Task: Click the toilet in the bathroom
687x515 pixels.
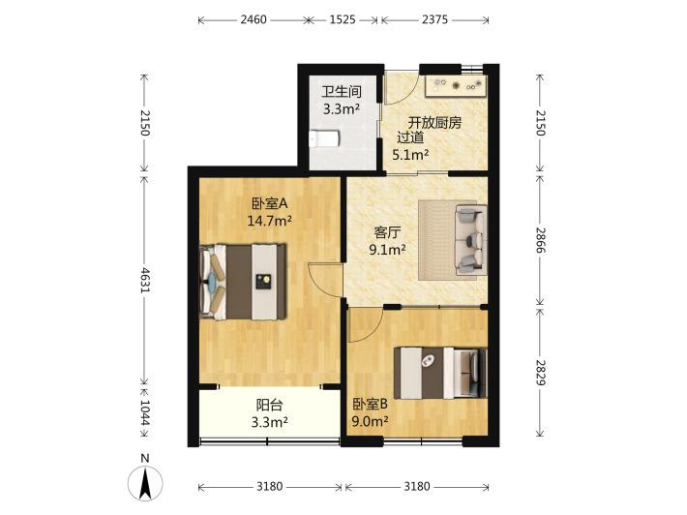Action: tap(325, 138)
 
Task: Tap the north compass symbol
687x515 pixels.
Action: tap(145, 483)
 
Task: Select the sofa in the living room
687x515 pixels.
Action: tap(471, 240)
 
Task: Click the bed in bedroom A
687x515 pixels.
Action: tap(243, 282)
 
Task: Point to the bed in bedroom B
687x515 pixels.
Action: tap(440, 373)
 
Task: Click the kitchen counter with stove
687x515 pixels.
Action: tap(456, 86)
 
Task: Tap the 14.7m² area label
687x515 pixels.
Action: tap(270, 221)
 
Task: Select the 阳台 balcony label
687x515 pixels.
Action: tap(269, 405)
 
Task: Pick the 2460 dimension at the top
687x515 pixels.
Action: tap(254, 19)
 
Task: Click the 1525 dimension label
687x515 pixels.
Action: tap(343, 19)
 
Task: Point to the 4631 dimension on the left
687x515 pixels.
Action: tap(145, 279)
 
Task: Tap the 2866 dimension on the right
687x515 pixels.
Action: tap(540, 240)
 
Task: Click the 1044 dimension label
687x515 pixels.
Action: tap(145, 413)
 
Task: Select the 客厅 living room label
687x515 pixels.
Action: tap(387, 232)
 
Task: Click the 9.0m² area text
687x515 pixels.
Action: tap(371, 422)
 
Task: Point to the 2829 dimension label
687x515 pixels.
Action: tap(540, 373)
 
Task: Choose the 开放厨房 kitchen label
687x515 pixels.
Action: tap(434, 123)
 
